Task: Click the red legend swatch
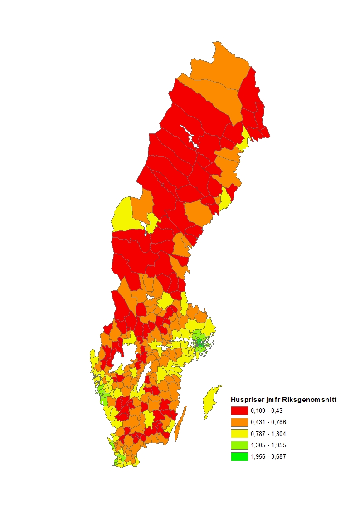[239, 411]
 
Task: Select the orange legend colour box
[239, 422]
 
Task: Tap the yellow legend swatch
[239, 434]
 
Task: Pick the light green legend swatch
[239, 445]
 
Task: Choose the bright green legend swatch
[239, 457]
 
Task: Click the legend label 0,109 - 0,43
[266, 411]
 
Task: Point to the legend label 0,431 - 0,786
[268, 422]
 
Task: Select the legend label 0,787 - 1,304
[268, 434]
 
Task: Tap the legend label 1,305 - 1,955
[268, 445]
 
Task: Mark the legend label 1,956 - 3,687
[268, 457]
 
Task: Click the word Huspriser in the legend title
[245, 400]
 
